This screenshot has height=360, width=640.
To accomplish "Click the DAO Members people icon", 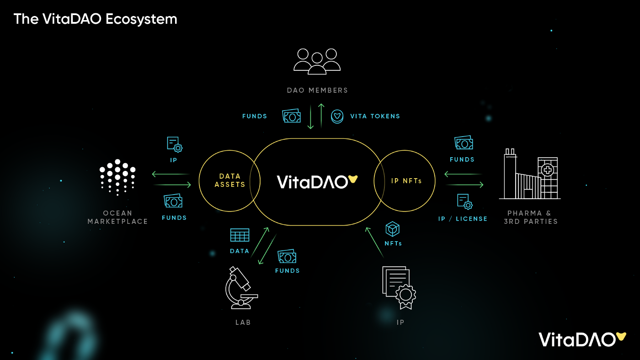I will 317,61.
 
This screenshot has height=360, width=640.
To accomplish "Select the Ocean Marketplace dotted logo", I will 117,177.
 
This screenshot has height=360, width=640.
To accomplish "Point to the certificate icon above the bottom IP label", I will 399,287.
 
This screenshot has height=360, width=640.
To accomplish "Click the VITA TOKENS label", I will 375,116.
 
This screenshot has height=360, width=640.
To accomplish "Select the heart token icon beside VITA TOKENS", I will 337,116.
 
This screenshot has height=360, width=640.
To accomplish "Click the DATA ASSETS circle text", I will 230,180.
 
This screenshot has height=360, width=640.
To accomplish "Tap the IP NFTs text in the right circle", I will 406,181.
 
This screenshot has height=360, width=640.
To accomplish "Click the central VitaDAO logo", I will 317,181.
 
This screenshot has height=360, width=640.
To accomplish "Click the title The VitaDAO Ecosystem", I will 95,19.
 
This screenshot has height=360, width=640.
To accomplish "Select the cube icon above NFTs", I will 393,229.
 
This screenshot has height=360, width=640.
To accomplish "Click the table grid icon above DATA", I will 240,235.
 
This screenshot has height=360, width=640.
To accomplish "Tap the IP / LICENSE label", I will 463,219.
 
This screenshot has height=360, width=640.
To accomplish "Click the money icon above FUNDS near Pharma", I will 464,143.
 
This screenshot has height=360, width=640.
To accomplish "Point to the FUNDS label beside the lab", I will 287,271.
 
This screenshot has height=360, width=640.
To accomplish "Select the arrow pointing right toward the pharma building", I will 464,185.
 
